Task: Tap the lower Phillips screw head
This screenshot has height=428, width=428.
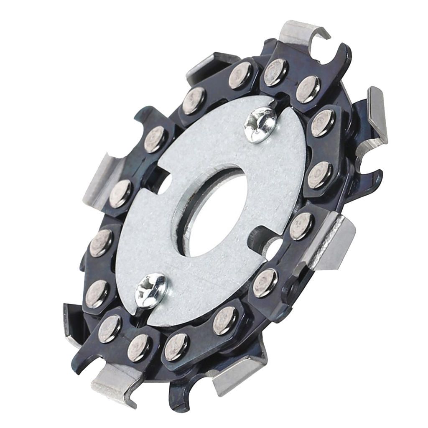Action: [151, 289]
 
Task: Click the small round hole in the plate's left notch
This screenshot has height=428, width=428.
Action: [164, 184]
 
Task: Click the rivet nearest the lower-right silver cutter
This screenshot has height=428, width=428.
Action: [301, 226]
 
